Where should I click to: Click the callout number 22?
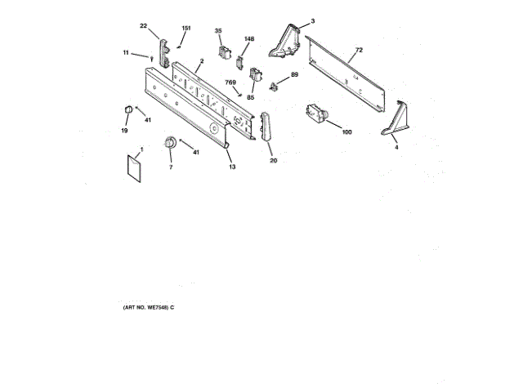[143, 26]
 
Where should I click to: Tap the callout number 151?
[186, 29]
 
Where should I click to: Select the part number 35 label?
[218, 31]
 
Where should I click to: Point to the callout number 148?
[249, 39]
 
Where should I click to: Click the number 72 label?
[357, 51]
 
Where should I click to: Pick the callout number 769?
[230, 82]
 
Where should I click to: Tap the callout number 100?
[346, 131]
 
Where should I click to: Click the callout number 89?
[294, 74]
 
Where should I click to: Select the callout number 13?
[232, 167]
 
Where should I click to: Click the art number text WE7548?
[147, 306]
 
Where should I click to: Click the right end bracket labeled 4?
[395, 119]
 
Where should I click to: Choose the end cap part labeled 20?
[266, 130]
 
